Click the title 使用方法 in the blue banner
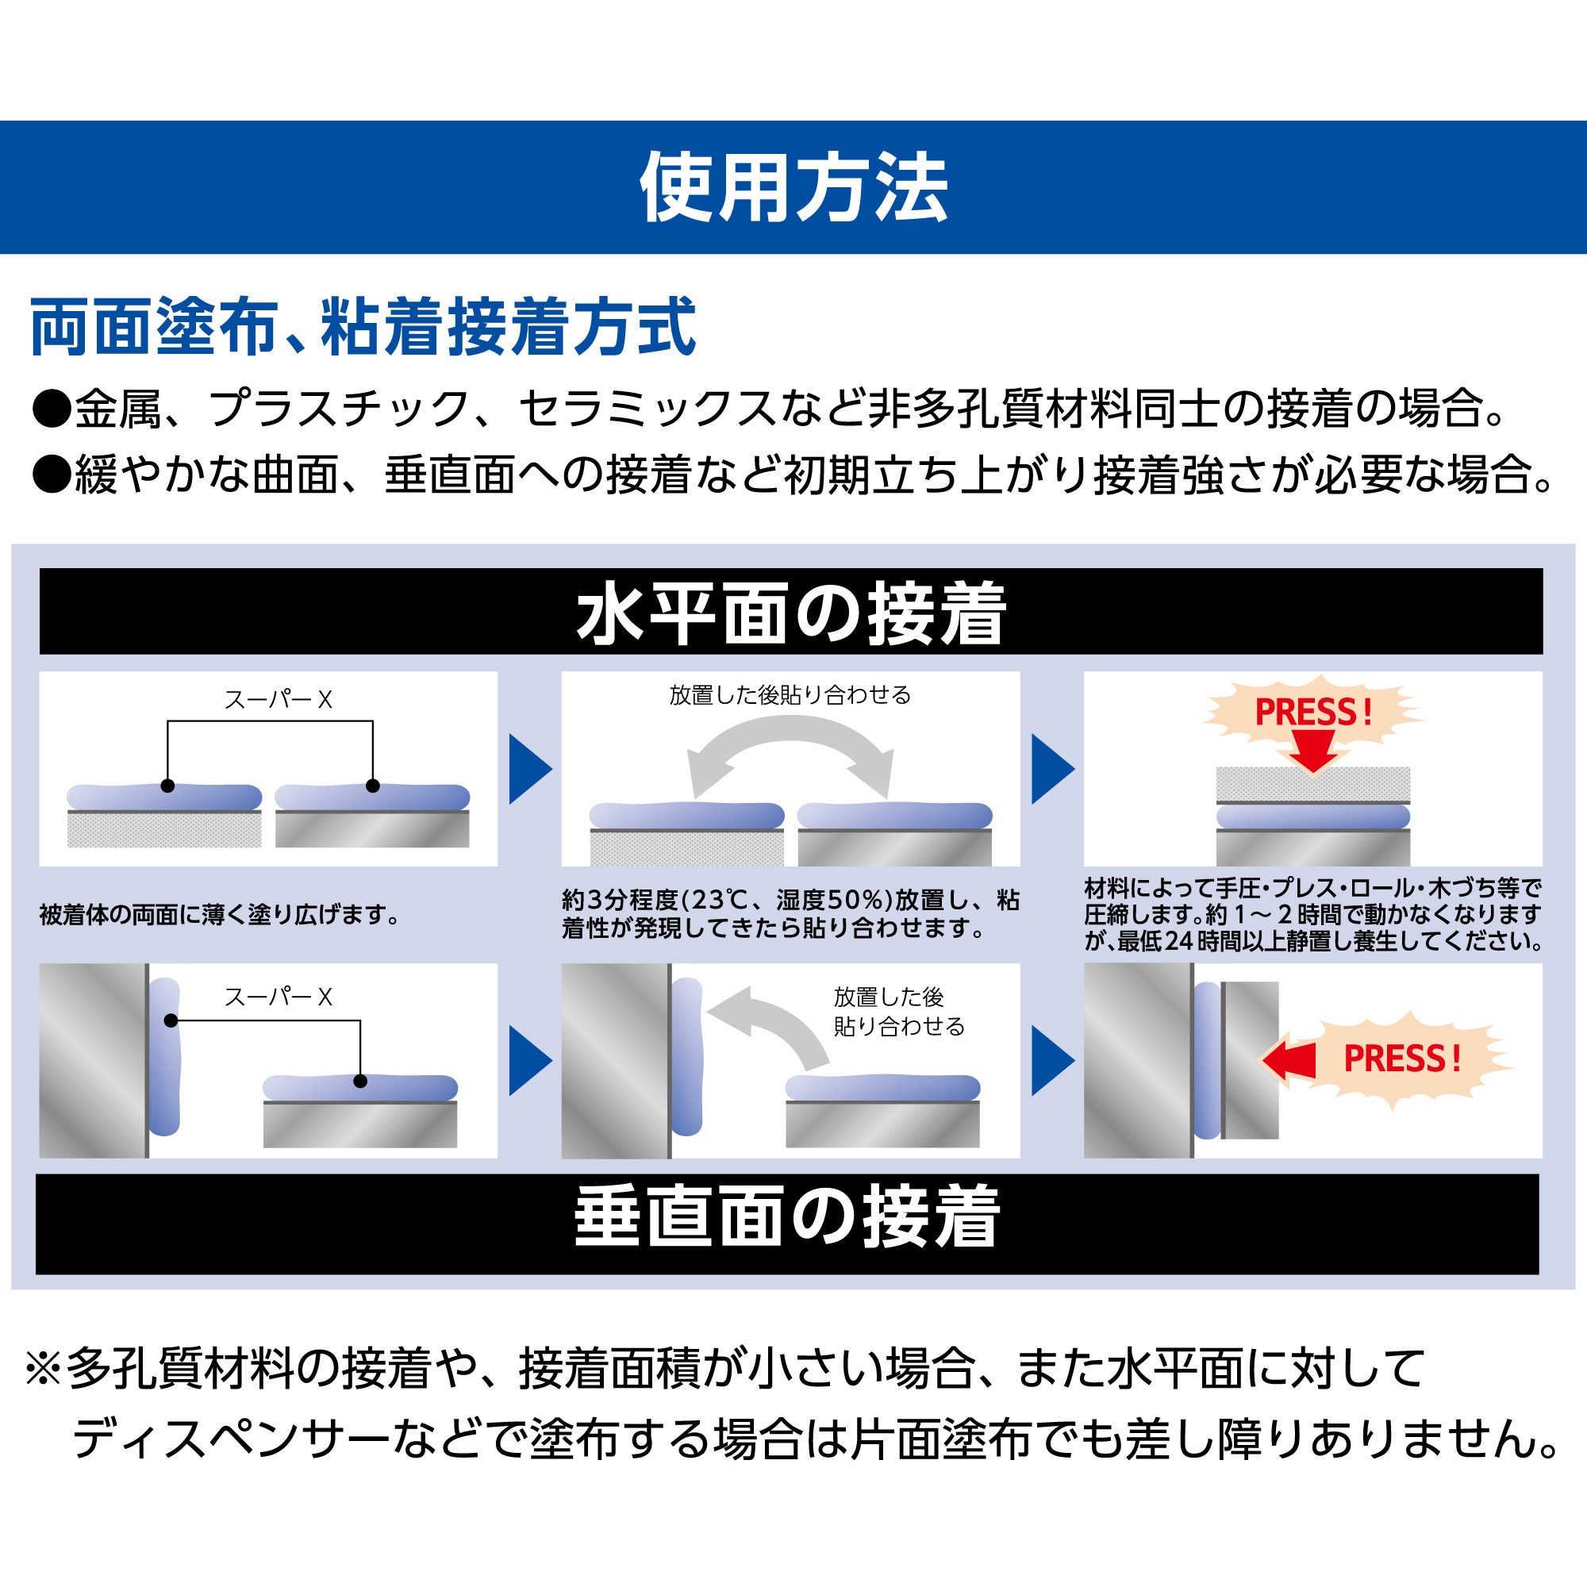coord(793,188)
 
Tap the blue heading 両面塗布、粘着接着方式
coord(363,327)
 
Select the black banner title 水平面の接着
coord(791,613)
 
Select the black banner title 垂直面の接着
coord(787,1216)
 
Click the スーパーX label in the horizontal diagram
coord(279,700)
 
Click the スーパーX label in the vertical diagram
coord(279,997)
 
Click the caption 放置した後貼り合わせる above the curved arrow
coord(790,696)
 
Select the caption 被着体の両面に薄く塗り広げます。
coord(220,914)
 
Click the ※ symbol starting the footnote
coord(44,1370)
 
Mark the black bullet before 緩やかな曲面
coord(51,475)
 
